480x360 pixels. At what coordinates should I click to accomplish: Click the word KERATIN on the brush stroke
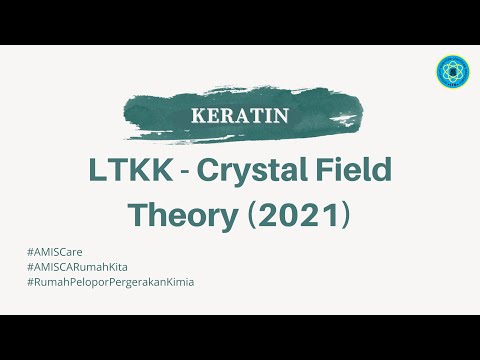[x=239, y=114]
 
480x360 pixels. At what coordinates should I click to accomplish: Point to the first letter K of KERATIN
[x=196, y=114]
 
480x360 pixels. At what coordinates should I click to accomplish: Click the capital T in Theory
[x=139, y=216]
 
